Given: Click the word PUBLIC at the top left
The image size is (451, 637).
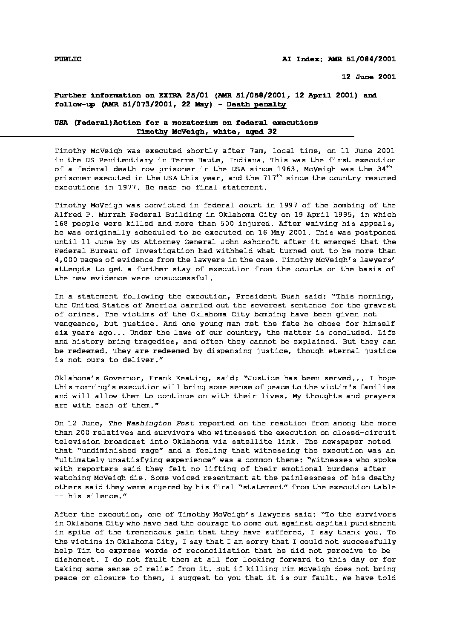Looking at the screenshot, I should pyautogui.click(x=68, y=59).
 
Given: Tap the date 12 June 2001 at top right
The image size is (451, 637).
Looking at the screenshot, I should pyautogui.click(x=369, y=77).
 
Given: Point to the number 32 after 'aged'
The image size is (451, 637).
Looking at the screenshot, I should pyautogui.click(x=272, y=132).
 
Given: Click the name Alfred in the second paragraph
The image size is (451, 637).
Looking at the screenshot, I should pyautogui.click(x=68, y=215).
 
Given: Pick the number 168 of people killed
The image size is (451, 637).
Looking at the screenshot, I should pyautogui.click(x=61, y=224).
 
